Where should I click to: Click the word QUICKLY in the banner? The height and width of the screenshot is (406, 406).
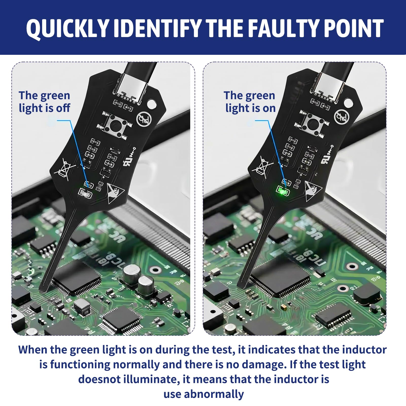(x=67, y=28)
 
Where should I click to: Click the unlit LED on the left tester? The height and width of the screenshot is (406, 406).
(x=85, y=194)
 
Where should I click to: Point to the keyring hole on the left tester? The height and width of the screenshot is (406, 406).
(x=152, y=103)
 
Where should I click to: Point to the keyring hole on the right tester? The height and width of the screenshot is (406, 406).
(x=349, y=103)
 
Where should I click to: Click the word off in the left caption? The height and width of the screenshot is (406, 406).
(x=63, y=108)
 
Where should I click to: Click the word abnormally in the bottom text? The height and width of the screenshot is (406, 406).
(x=214, y=394)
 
